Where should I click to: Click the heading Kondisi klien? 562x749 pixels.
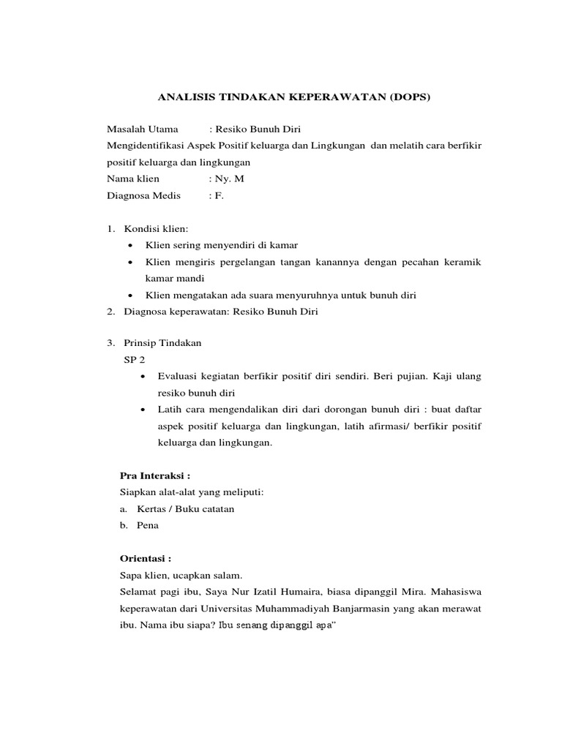(x=157, y=229)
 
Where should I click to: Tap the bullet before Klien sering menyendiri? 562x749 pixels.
(x=130, y=245)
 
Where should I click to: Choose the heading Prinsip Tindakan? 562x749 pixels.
(x=163, y=343)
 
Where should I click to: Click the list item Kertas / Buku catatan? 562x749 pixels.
(x=180, y=508)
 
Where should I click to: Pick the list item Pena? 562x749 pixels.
(x=147, y=525)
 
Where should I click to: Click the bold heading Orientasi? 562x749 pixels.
(x=145, y=558)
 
